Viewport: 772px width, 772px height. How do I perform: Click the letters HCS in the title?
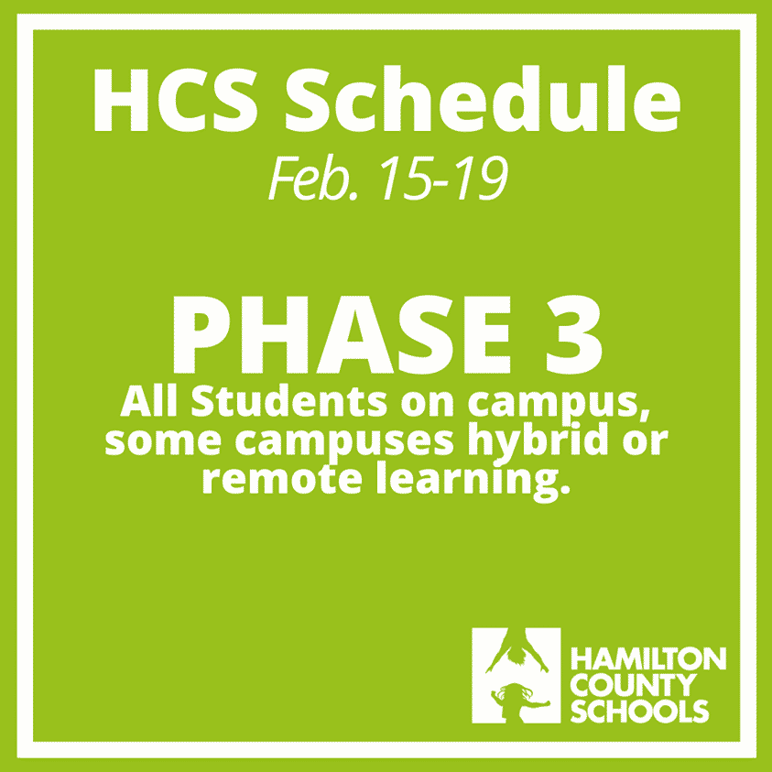click(175, 100)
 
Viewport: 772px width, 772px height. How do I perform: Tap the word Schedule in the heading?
click(483, 99)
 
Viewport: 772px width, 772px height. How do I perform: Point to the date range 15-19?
click(443, 178)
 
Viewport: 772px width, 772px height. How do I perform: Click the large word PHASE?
click(342, 335)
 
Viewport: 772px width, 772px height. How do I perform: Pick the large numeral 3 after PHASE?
click(574, 335)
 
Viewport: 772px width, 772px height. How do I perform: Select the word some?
click(163, 440)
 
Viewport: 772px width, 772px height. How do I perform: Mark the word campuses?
click(344, 441)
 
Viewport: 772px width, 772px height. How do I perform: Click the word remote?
click(283, 479)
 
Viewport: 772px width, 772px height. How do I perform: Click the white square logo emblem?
click(516, 676)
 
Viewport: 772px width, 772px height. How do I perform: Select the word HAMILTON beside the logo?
click(648, 658)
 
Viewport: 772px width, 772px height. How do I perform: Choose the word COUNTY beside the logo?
click(634, 685)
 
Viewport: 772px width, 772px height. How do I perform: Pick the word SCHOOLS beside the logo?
click(639, 711)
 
